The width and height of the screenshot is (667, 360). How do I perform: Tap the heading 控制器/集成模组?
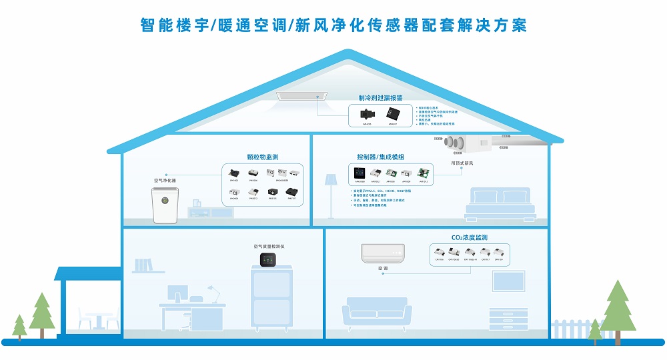point(380,157)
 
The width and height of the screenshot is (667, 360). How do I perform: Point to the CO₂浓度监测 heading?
point(470,237)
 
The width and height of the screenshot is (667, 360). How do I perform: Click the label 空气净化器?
point(165,180)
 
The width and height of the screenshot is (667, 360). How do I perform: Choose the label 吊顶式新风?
point(462,163)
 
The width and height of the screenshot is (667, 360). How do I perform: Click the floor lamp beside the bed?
point(331,193)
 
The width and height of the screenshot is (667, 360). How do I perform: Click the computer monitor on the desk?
point(177,295)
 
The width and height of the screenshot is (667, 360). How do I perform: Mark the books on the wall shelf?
point(145,265)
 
